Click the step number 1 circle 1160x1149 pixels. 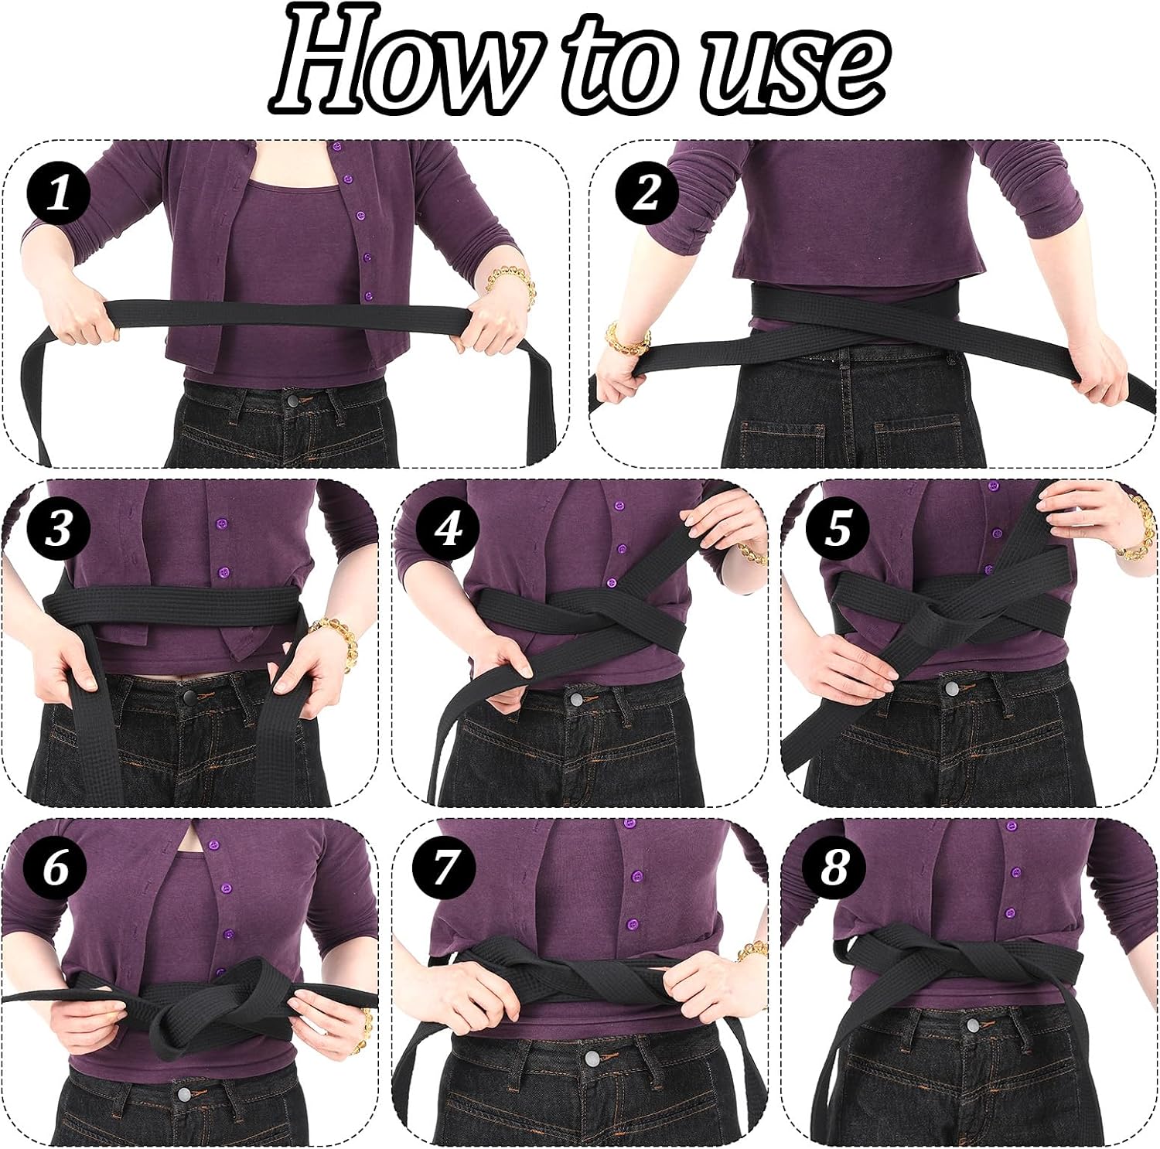point(58,193)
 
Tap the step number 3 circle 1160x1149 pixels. point(58,530)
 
